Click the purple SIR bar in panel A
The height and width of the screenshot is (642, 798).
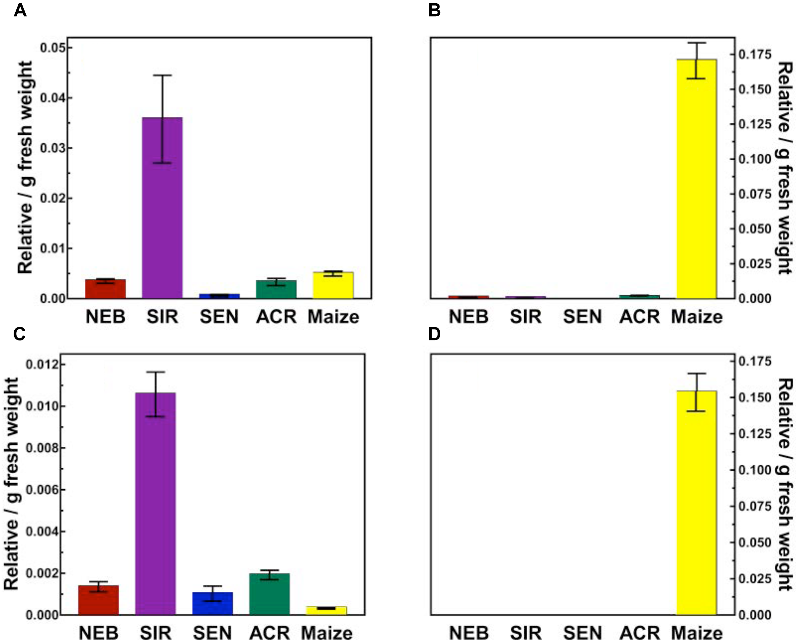[x=162, y=207]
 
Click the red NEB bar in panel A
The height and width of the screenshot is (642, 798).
[x=105, y=289]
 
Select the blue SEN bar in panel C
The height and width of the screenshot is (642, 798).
[x=212, y=603]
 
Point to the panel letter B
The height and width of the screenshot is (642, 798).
[x=434, y=10]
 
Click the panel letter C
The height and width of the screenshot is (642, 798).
[x=19, y=334]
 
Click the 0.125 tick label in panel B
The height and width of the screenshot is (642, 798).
[x=755, y=124]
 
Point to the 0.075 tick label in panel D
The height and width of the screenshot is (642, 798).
[x=755, y=506]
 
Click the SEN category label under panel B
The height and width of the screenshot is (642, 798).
[x=582, y=317]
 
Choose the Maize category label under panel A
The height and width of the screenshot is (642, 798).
[x=333, y=317]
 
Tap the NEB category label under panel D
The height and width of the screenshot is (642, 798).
[x=468, y=633]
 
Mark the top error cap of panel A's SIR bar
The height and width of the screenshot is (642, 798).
[x=162, y=75]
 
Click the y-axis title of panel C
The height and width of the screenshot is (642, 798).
[x=11, y=484]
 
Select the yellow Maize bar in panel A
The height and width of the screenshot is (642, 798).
[x=333, y=285]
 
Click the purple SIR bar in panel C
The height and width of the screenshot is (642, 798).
[x=156, y=504]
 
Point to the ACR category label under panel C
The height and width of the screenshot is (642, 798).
[x=269, y=633]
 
